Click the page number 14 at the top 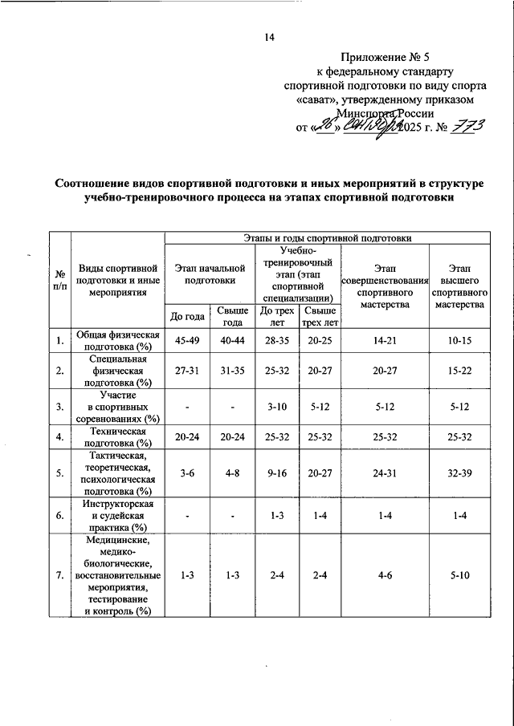(x=269, y=37)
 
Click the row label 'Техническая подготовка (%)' (x=118, y=437)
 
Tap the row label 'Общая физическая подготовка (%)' (x=118, y=340)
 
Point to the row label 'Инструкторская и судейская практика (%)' (x=118, y=515)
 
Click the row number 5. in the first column (x=59, y=473)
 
